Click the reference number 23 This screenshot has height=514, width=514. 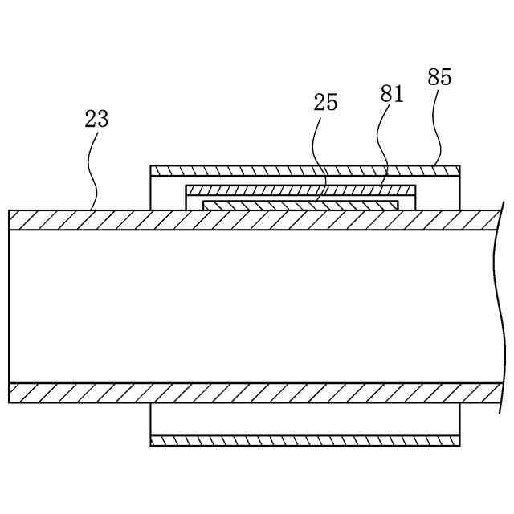(x=96, y=119)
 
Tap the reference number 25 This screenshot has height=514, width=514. (x=326, y=103)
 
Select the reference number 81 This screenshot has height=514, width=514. (x=392, y=93)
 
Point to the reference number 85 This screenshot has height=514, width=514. (x=439, y=77)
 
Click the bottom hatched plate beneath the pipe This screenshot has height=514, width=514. (x=305, y=440)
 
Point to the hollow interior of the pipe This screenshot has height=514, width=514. (x=241, y=305)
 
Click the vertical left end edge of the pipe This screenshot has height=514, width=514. (x=9, y=305)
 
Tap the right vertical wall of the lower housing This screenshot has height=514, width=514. (x=460, y=419)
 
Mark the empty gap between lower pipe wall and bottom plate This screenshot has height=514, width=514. (x=305, y=419)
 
